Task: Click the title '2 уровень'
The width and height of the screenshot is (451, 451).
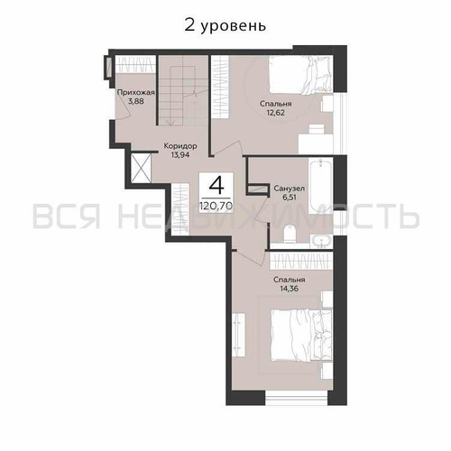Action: coord(225,24)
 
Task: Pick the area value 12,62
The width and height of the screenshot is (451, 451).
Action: coord(274,113)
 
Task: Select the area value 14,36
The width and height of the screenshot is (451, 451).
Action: coord(290,290)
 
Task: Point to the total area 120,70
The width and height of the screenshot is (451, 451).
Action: coord(216,206)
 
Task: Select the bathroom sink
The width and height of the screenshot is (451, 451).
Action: coord(321,240)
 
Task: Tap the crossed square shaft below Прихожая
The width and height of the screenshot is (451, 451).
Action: coord(143,168)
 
